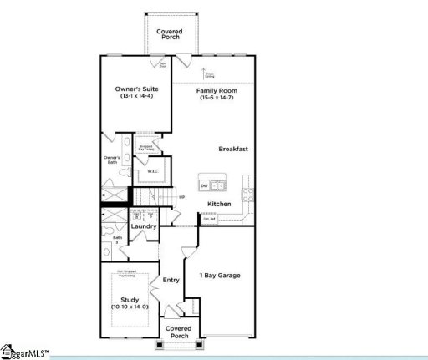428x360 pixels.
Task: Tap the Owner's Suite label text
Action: tap(136, 89)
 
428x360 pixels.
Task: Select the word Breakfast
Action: tap(234, 149)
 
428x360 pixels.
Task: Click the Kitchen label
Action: tap(219, 204)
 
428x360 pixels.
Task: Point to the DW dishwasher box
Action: tap(203, 185)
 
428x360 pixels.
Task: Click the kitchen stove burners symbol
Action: tap(247, 195)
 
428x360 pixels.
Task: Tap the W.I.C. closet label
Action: tap(153, 172)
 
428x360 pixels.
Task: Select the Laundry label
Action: tap(144, 226)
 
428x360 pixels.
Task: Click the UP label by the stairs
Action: tap(181, 197)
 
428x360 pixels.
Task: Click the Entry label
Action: tap(171, 280)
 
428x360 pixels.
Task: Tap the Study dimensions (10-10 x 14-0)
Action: tap(129, 307)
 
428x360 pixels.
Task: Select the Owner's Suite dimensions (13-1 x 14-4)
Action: tap(136, 98)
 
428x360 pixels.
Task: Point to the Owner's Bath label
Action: tap(111, 160)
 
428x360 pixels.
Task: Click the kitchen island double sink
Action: tap(218, 185)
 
